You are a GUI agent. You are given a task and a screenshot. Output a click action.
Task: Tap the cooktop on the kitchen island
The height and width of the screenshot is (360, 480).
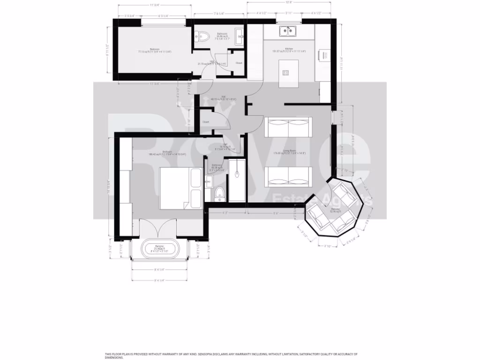[x=285, y=72]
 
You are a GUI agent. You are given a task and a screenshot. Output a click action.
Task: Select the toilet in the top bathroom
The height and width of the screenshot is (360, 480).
[x=202, y=36]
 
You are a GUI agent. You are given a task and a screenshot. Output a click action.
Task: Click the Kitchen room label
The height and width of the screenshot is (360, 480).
[x=289, y=49]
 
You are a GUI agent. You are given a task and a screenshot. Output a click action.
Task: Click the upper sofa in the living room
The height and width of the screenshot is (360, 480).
[x=289, y=127]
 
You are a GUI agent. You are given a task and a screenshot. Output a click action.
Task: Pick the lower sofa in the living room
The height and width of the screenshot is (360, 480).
[x=289, y=176]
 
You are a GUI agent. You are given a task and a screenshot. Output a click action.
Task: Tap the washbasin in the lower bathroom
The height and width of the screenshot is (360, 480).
[x=209, y=180]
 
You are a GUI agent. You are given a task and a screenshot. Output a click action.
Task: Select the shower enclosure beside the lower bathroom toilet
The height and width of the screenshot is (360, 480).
[x=237, y=180]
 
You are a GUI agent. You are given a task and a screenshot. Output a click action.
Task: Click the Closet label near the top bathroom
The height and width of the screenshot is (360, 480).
[x=239, y=63]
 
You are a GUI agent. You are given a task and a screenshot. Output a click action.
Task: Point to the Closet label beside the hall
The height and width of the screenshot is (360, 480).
[x=205, y=121]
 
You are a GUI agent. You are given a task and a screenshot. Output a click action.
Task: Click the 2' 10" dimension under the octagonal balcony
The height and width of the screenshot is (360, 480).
[x=327, y=246]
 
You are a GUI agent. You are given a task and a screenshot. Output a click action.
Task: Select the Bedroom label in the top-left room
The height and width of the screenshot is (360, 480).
[x=154, y=49]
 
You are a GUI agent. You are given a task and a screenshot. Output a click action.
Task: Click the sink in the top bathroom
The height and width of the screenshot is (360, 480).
[x=239, y=36]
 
